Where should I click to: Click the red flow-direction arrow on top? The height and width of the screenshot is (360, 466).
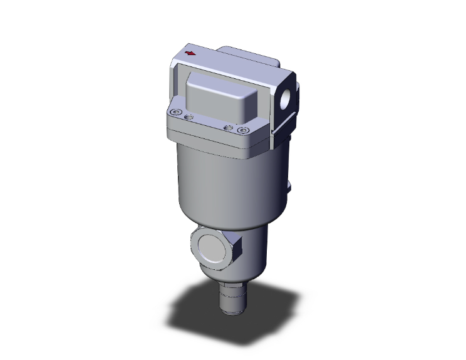pyautogui.click(x=189, y=53)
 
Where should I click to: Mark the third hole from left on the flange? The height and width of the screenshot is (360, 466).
pyautogui.click(x=229, y=128)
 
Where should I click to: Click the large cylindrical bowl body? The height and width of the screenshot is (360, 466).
pyautogui.click(x=219, y=182)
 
